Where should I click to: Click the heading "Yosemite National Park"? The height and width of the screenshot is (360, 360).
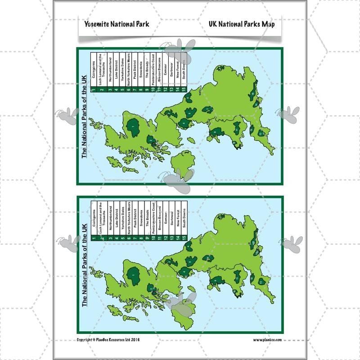(117, 24)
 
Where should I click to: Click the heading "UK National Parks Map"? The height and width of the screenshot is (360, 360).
(242, 24)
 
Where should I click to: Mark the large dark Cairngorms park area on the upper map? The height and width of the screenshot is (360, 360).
(134, 127)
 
